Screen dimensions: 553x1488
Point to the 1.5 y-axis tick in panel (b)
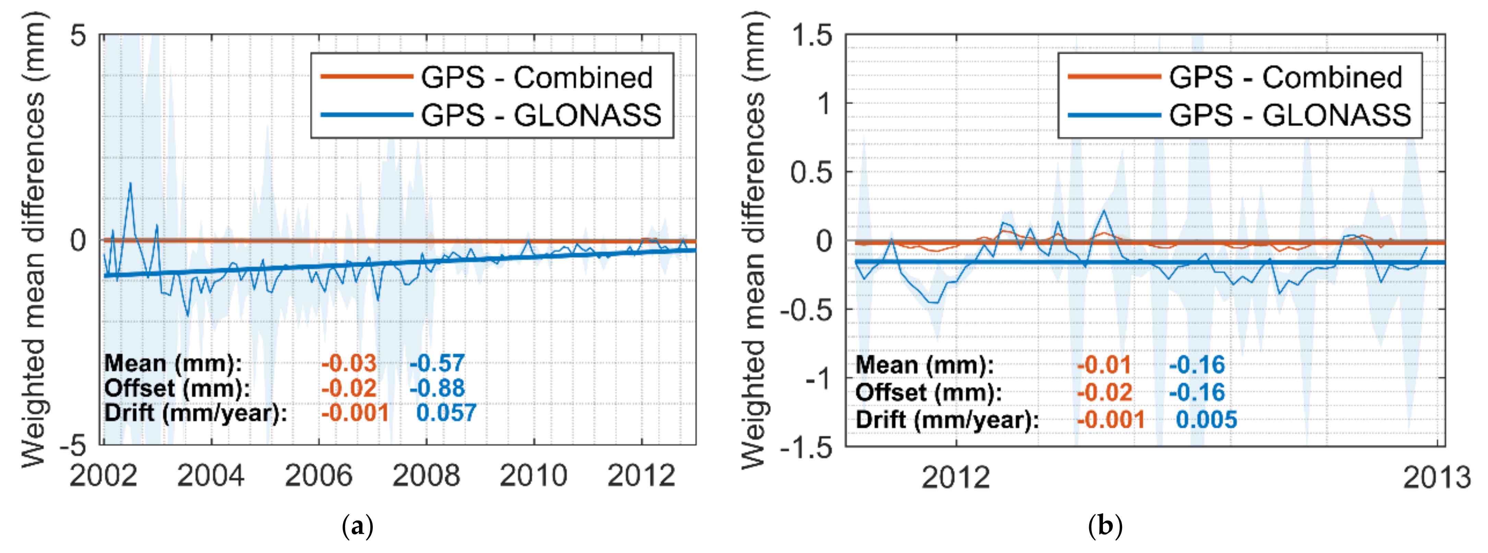tap(812, 36)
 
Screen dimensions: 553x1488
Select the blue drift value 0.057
tap(446, 413)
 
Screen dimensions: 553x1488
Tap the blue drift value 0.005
tap(1206, 420)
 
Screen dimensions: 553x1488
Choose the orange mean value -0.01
tap(1104, 365)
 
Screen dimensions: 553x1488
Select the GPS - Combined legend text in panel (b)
tap(1285, 78)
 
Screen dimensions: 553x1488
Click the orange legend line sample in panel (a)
tap(366, 76)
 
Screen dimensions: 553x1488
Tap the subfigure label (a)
tap(358, 527)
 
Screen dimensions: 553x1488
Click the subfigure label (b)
tap(1105, 527)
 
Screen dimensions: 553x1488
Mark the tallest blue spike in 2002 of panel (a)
tap(130, 184)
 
